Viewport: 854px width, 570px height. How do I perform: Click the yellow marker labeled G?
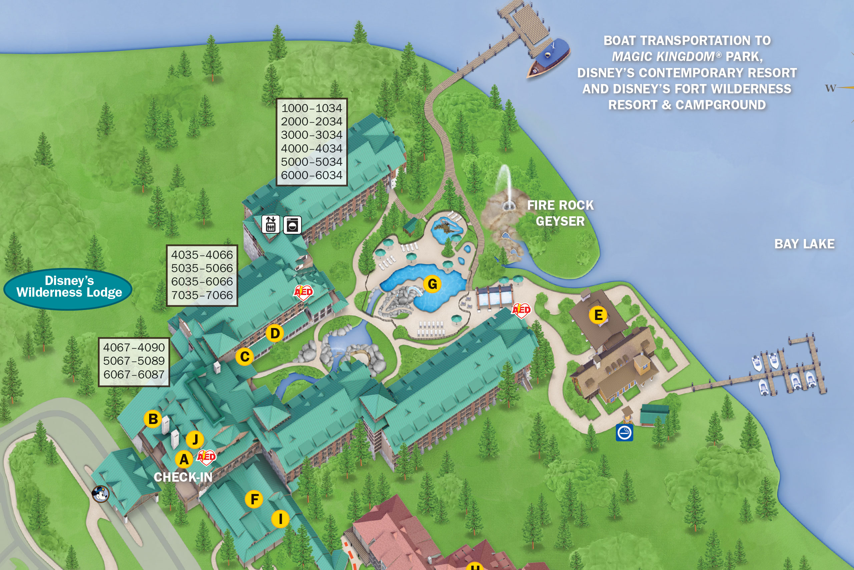coord(432,284)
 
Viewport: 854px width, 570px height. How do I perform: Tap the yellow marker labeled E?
coord(598,315)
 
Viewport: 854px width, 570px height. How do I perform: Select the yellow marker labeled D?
coord(275,333)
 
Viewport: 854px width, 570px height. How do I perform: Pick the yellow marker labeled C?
coord(245,357)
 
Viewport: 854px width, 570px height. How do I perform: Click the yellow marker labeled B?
coord(153,419)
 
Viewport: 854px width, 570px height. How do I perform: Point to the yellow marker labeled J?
coord(195,439)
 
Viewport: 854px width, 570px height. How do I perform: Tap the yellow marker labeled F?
coord(254,499)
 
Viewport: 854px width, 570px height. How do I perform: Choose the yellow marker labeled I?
coord(280,519)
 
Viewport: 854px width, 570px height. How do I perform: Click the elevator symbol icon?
coord(271,224)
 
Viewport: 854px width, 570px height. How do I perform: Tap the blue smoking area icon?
coord(624,433)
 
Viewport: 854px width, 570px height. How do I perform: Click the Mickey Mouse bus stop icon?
coord(101,494)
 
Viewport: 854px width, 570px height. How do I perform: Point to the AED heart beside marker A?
coord(206,457)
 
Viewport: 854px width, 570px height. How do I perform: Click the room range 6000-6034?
coord(311,175)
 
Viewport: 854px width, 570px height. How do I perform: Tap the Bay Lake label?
coord(804,244)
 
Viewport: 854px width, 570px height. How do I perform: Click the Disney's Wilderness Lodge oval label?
coord(68,287)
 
